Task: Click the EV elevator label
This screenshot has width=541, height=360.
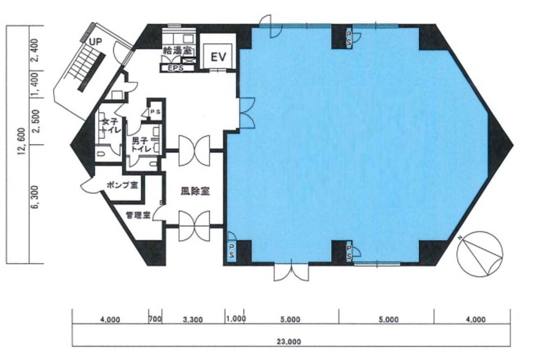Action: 218,57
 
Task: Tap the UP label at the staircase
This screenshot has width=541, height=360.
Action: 96,42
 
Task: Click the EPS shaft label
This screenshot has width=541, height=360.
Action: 175,69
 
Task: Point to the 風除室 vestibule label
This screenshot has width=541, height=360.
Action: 195,191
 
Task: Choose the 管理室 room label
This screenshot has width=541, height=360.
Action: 138,215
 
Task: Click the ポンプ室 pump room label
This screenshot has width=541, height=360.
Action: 122,185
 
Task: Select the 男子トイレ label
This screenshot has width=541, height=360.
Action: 142,145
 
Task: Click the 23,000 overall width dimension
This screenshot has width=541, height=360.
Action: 289,342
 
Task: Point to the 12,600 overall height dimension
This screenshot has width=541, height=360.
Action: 22,145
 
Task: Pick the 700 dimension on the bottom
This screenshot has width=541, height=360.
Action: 155,319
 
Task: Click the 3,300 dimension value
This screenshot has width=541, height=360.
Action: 193,320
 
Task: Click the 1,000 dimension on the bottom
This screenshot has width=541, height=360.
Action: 236,319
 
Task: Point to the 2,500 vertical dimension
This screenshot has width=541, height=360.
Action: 35,121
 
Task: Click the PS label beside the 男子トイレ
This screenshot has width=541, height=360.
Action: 155,112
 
